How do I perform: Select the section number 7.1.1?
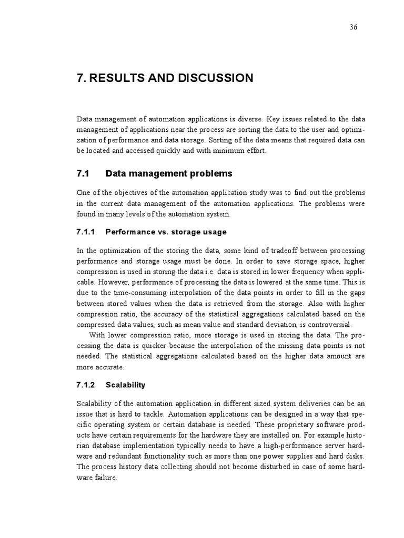tap(85, 232)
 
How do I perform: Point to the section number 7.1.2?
tap(85, 385)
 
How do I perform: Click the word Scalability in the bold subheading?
tap(125, 385)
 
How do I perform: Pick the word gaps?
tap(355, 293)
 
